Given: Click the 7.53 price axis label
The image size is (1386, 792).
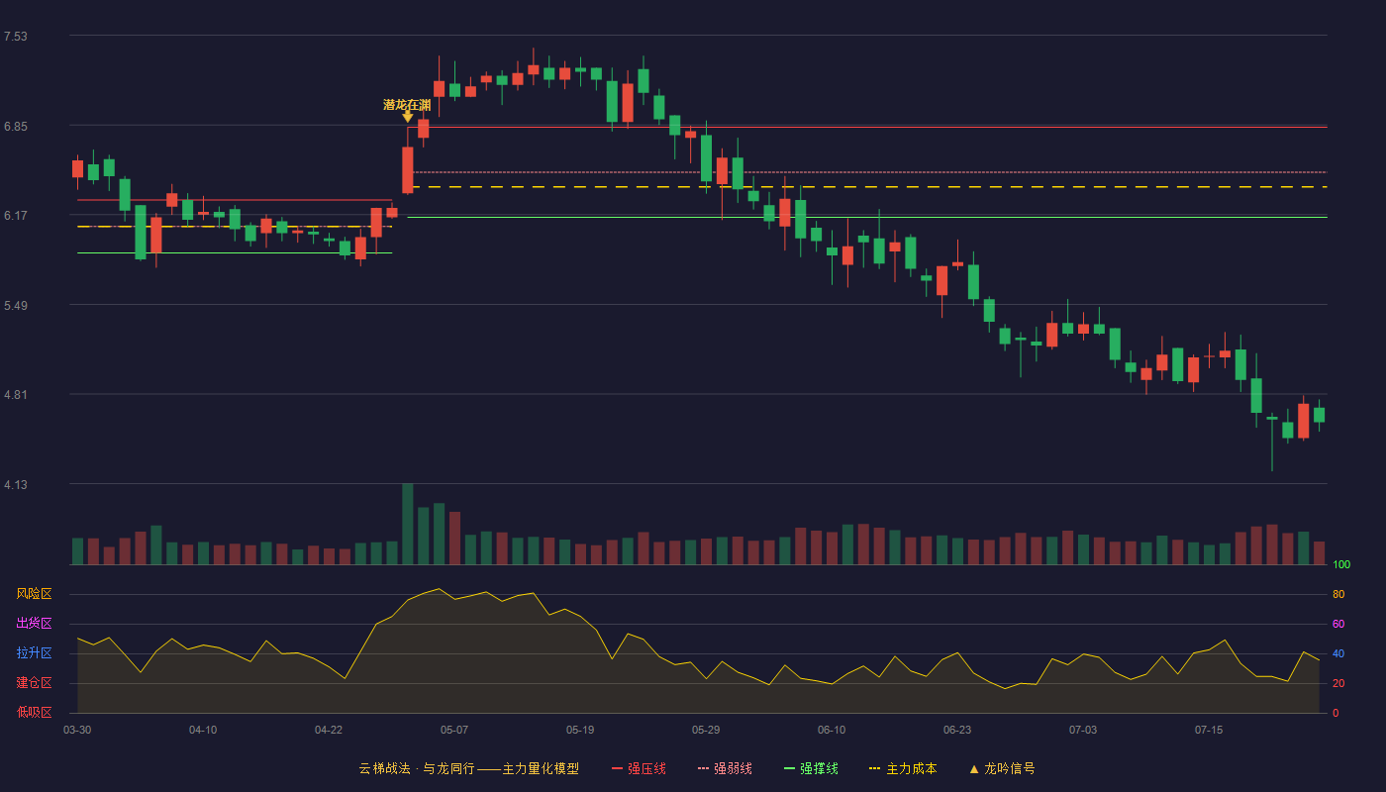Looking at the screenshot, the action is pyautogui.click(x=16, y=37).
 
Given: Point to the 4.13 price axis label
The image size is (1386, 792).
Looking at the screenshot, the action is pyautogui.click(x=16, y=485).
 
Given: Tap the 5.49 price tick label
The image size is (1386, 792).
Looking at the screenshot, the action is pyautogui.click(x=16, y=306).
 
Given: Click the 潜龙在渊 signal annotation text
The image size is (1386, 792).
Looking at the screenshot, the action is pyautogui.click(x=407, y=105).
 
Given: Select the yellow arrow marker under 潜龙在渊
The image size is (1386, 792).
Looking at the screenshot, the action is pyautogui.click(x=407, y=117).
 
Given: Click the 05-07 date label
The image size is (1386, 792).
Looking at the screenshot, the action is pyautogui.click(x=454, y=731).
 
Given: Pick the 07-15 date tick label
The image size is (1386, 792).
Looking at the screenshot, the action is pyautogui.click(x=1209, y=731).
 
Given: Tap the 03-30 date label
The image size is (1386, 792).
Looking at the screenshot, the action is pyautogui.click(x=77, y=731).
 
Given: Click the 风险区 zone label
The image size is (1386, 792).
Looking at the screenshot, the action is pyautogui.click(x=34, y=594).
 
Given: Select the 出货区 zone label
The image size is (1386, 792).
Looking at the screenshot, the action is pyautogui.click(x=34, y=623).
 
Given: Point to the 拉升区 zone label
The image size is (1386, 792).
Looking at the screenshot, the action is pyautogui.click(x=34, y=652).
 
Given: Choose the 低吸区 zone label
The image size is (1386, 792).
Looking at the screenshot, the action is pyautogui.click(x=34, y=712).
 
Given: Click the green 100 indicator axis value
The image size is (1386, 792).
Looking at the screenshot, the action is pyautogui.click(x=1341, y=564).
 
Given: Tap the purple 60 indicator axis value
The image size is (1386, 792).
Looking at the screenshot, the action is pyautogui.click(x=1338, y=624).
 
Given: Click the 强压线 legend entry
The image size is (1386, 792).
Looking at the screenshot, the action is pyautogui.click(x=639, y=768).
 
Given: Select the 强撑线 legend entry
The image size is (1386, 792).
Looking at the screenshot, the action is pyautogui.click(x=811, y=768).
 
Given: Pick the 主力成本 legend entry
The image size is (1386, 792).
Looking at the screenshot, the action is pyautogui.click(x=903, y=768).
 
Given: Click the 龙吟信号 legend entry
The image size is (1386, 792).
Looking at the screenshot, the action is pyautogui.click(x=1002, y=768).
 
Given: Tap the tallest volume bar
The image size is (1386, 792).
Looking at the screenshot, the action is pyautogui.click(x=407, y=524).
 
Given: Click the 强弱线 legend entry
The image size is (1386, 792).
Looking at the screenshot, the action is pyautogui.click(x=725, y=768).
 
